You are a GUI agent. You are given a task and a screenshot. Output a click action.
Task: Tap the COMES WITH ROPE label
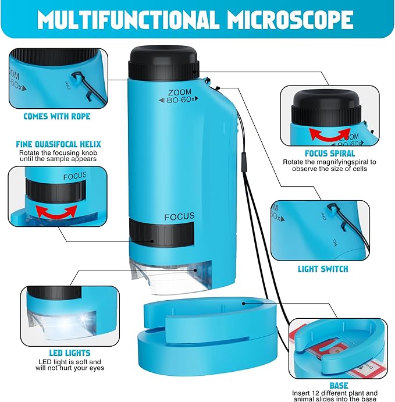point(56,116)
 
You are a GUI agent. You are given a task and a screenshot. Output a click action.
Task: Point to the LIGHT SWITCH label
point(323,269)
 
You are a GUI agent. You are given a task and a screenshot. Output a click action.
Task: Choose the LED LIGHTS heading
point(70,353)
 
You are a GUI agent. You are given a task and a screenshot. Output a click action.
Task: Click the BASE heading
point(339,386)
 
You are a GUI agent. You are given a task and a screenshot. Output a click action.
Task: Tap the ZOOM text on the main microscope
point(179,92)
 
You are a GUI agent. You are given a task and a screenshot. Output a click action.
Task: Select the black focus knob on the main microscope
point(161,235)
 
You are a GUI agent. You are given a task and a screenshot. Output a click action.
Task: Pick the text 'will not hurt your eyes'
point(69,368)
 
